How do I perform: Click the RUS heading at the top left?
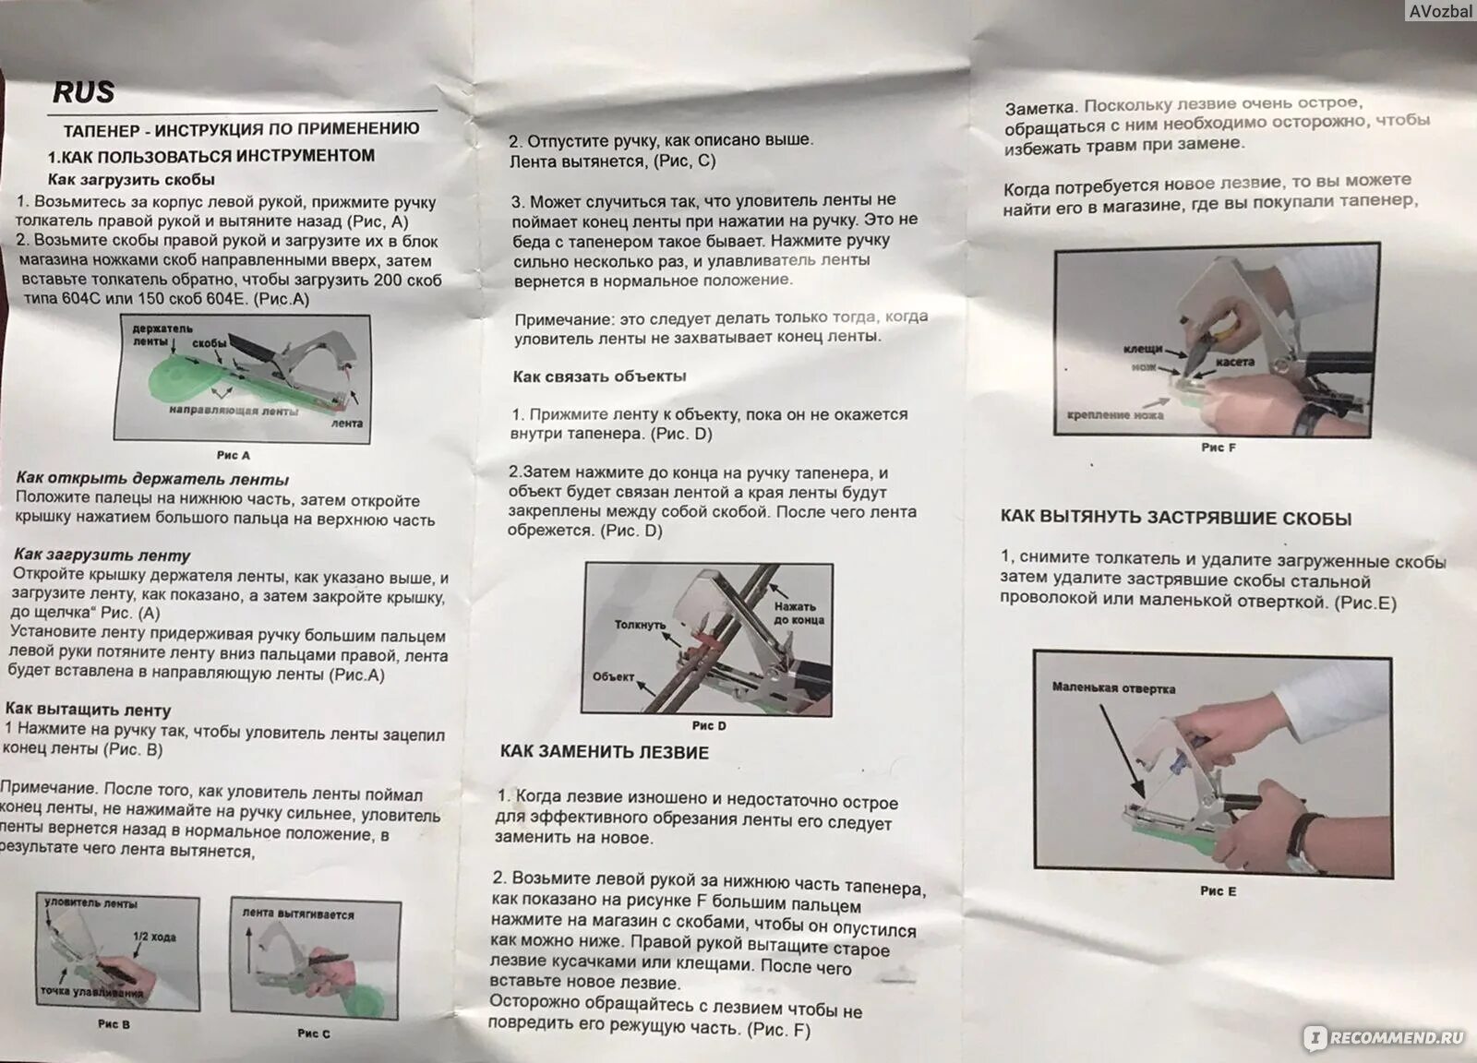click(x=84, y=92)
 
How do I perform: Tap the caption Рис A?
click(x=234, y=456)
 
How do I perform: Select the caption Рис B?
click(x=114, y=1024)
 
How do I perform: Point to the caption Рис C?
click(x=314, y=1033)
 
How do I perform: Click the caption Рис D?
click(x=709, y=725)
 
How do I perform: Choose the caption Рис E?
click(x=1218, y=891)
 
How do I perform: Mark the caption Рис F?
click(x=1218, y=448)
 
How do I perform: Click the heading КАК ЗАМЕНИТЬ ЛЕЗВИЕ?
click(x=604, y=752)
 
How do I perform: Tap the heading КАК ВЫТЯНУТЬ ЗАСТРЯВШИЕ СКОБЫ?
click(x=1176, y=518)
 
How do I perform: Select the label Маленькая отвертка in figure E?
click(x=1113, y=688)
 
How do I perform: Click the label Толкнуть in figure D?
click(x=641, y=624)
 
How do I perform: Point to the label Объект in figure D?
click(x=613, y=676)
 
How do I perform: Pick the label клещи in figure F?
click(x=1143, y=349)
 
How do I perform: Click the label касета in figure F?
click(x=1235, y=362)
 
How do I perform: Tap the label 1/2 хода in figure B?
click(x=154, y=937)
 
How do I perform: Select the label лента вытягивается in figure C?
click(x=298, y=914)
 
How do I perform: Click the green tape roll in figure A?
click(x=174, y=380)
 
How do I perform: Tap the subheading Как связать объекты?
click(x=599, y=376)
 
